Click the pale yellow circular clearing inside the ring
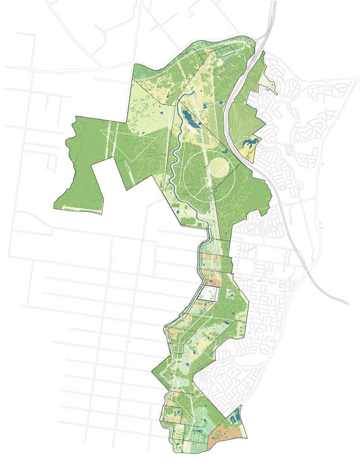(x=219, y=168)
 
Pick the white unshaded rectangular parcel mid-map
(x=208, y=293)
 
